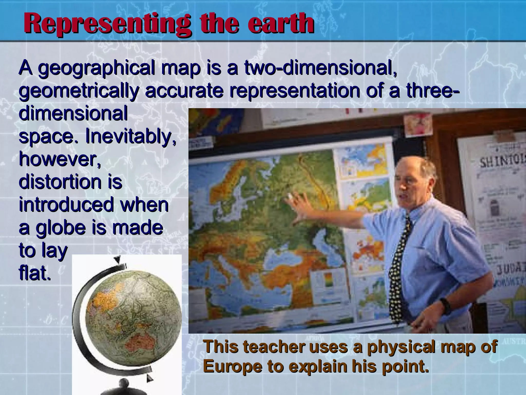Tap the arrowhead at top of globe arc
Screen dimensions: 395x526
(x=118, y=259)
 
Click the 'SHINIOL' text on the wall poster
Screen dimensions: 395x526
(x=502, y=161)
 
